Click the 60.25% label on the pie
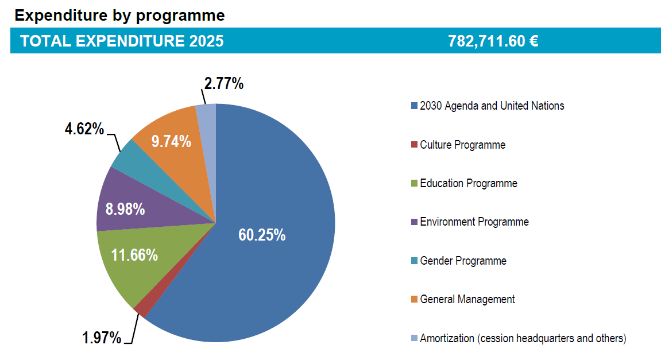tap(262, 235)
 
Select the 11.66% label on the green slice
tap(134, 255)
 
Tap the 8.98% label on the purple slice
tap(125, 209)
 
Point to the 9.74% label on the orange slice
tap(171, 141)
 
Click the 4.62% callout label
tap(84, 129)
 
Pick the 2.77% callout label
tap(224, 84)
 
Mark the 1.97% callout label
tap(102, 338)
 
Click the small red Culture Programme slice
tap(141, 309)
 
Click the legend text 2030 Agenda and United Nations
tap(492, 106)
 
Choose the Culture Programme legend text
tap(462, 145)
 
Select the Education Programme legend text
tap(468, 183)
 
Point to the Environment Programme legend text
tap(474, 222)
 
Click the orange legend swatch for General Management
tap(414, 300)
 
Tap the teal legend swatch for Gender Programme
tap(414, 261)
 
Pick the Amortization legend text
tap(523, 338)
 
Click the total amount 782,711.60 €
tap(493, 41)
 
